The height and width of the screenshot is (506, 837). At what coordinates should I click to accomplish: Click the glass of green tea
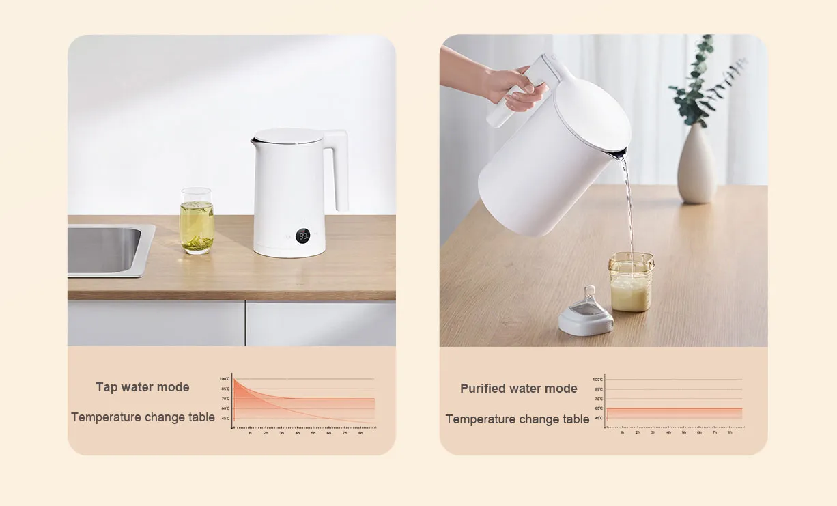click(x=197, y=221)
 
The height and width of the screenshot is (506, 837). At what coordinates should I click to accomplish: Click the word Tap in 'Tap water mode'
click(x=107, y=387)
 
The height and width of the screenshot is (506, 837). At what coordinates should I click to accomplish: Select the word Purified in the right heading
click(x=483, y=389)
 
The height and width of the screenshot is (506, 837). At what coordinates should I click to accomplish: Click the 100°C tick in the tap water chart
click(x=225, y=378)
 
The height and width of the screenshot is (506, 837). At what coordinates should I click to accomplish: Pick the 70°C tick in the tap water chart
click(x=225, y=398)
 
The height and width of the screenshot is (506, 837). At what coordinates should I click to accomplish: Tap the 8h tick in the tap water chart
click(x=360, y=433)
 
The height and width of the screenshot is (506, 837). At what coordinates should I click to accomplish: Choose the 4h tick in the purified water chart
click(x=668, y=432)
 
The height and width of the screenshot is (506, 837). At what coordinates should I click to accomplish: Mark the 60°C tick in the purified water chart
click(x=598, y=408)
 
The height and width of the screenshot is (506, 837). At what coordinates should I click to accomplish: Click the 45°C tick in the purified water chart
click(x=598, y=418)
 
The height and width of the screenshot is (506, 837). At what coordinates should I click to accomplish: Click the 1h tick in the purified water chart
click(x=622, y=432)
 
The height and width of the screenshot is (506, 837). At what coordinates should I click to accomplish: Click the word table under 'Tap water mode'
click(x=199, y=417)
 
